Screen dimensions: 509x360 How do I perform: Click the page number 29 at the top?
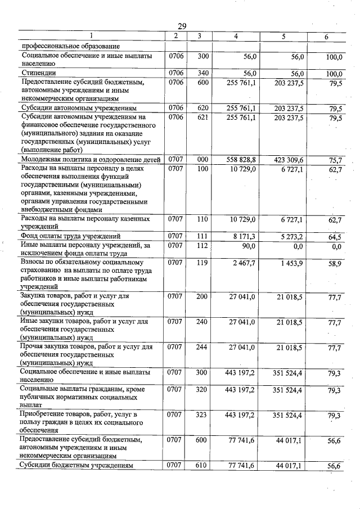pyautogui.click(x=181, y=26)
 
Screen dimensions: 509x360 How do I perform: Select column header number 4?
pyautogui.click(x=236, y=36)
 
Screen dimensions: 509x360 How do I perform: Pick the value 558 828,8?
pyautogui.click(x=241, y=160)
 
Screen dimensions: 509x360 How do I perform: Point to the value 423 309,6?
pyautogui.click(x=289, y=160)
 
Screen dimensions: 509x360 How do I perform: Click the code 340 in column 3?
pyautogui.click(x=202, y=73)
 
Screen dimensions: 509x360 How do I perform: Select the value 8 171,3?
pyautogui.click(x=244, y=236)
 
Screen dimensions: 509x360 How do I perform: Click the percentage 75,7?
pyautogui.click(x=336, y=160)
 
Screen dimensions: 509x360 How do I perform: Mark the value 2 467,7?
pyautogui.click(x=244, y=263)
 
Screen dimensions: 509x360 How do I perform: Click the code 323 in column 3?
pyautogui.click(x=202, y=415)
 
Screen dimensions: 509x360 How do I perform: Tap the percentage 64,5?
pyautogui.click(x=336, y=237)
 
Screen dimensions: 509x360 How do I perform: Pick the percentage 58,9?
pyautogui.click(x=336, y=263)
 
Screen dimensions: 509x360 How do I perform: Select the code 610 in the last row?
pyautogui.click(x=202, y=466)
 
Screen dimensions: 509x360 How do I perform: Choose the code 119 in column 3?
pyautogui.click(x=202, y=263)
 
